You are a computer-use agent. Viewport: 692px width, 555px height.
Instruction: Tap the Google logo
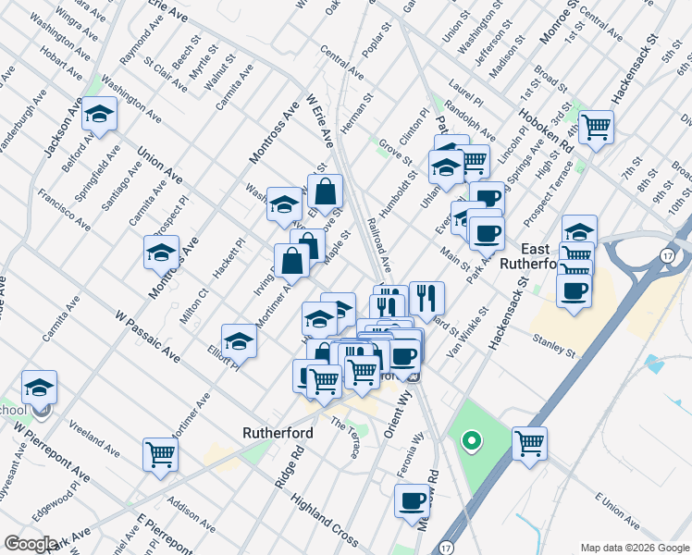pos(31,544)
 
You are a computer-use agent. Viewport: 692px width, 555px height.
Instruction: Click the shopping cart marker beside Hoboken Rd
pos(596,126)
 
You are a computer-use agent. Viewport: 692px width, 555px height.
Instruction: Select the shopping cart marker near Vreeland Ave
pos(161,454)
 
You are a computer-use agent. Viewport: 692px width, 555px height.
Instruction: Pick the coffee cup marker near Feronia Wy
pos(413,501)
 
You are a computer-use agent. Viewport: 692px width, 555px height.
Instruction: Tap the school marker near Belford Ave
pos(99,115)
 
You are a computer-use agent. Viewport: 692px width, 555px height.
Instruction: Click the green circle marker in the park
pos(471,441)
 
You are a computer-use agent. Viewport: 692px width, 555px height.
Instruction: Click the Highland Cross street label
pos(324,519)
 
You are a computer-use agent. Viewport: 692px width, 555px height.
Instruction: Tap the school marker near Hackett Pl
pos(162,252)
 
